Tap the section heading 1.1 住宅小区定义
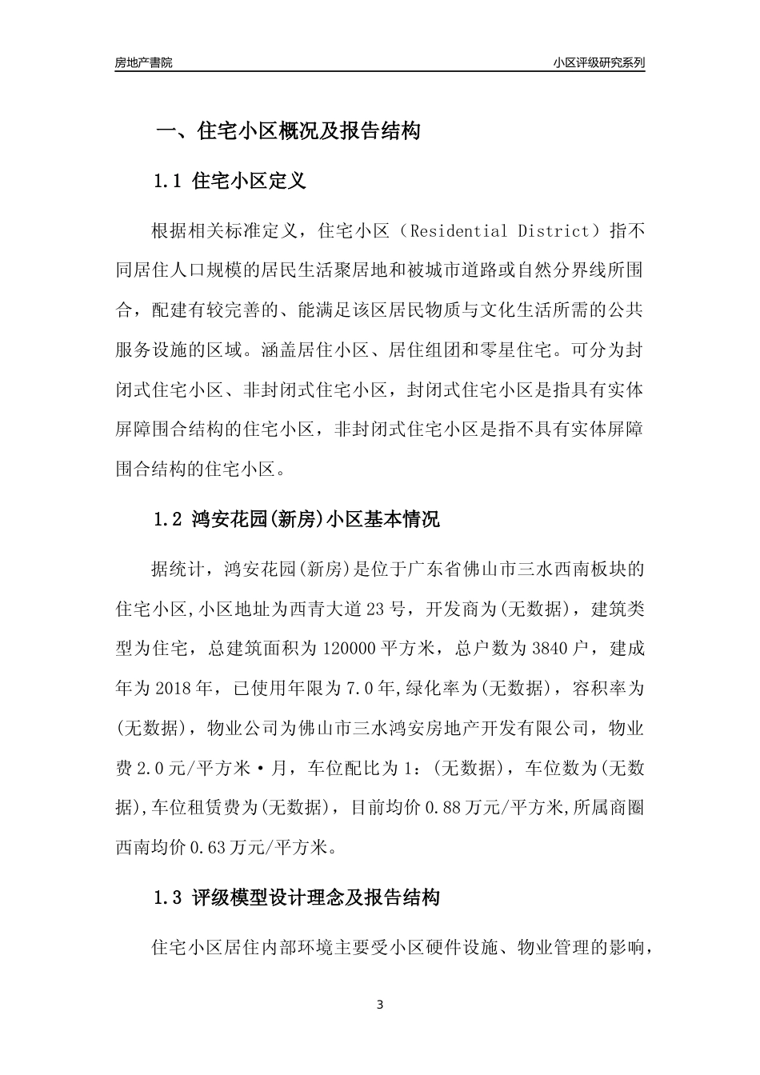(x=229, y=182)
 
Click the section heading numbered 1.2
(x=296, y=519)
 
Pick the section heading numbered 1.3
(x=296, y=898)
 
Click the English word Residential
(x=457, y=232)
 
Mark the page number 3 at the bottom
(x=380, y=1005)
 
